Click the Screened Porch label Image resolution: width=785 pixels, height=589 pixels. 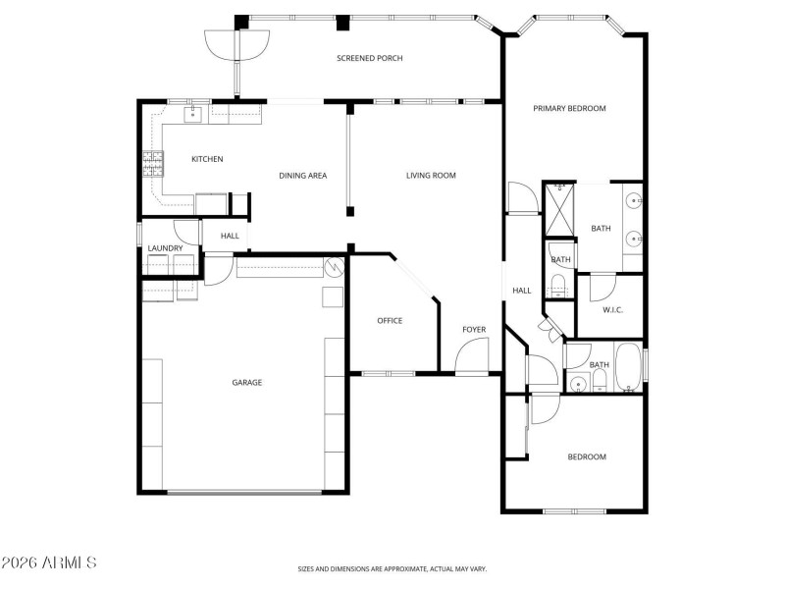[370, 59]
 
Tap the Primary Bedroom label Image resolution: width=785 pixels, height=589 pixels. [569, 108]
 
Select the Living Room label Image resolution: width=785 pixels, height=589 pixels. [432, 176]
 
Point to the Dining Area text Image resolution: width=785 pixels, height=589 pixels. [303, 176]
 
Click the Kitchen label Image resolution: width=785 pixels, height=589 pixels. [207, 159]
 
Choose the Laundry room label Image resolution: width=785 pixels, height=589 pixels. [165, 248]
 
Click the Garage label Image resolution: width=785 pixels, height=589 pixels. [246, 383]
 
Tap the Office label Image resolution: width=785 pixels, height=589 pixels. [390, 321]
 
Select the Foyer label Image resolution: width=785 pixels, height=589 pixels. [474, 330]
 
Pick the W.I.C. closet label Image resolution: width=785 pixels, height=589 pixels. [613, 310]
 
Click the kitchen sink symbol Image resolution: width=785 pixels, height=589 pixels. [193, 113]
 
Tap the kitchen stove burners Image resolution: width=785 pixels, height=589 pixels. [154, 163]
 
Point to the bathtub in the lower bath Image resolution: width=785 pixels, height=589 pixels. [627, 367]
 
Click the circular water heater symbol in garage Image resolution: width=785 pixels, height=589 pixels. [334, 266]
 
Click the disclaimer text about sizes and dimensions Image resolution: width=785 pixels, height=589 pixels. [392, 568]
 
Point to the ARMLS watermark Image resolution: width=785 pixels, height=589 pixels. [49, 562]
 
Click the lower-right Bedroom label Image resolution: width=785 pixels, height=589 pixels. [587, 456]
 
